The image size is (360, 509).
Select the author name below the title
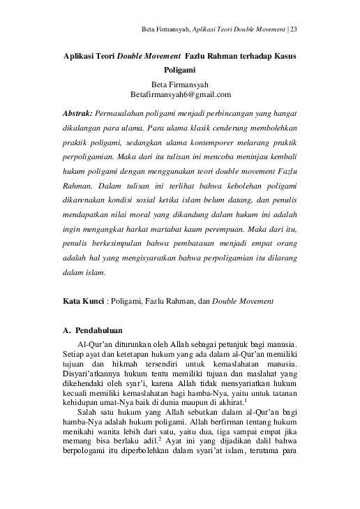180,84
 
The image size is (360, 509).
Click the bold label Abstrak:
78,113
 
